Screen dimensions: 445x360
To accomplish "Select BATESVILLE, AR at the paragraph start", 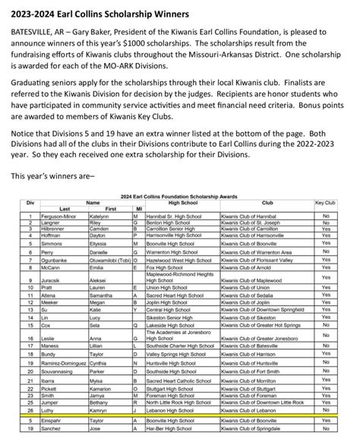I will pyautogui.click(x=36, y=36).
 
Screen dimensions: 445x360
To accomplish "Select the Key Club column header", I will pyautogui.click(x=325, y=204).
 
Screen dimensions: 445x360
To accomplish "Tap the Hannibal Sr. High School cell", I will pyautogui.click(x=169, y=216).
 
